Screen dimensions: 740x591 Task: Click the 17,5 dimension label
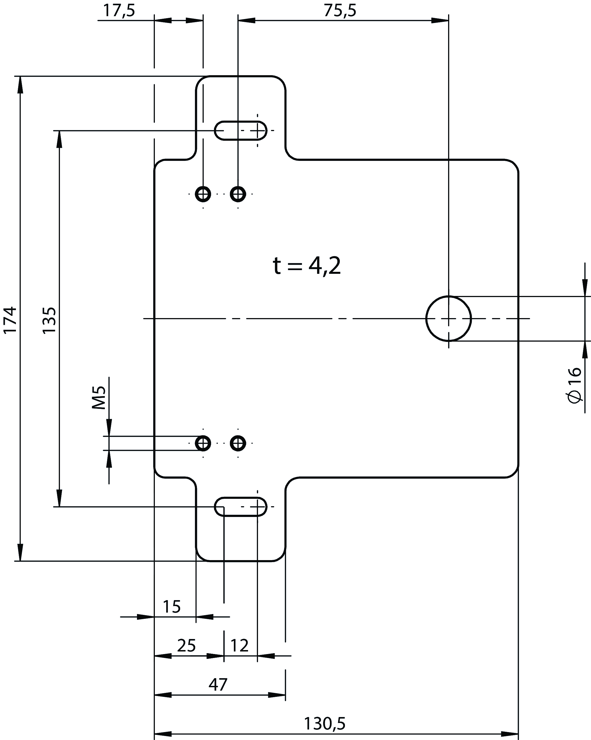coord(119,10)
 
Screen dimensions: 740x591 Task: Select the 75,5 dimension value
coord(340,10)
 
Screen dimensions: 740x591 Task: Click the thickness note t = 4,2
coord(307,266)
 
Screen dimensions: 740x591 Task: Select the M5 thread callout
coord(99,398)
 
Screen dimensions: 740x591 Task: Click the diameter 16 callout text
coord(574,385)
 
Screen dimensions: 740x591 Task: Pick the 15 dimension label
coord(171,607)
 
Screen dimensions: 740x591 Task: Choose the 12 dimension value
coord(239,646)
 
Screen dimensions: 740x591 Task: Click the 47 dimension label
coord(218,685)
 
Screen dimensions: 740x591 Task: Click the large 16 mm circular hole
coord(448,319)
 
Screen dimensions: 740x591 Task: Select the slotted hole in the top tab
coord(241,131)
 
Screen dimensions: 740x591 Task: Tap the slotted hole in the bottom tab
coord(241,506)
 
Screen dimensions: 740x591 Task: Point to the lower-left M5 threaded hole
coord(203,443)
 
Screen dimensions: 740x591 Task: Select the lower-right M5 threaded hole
coord(238,443)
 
